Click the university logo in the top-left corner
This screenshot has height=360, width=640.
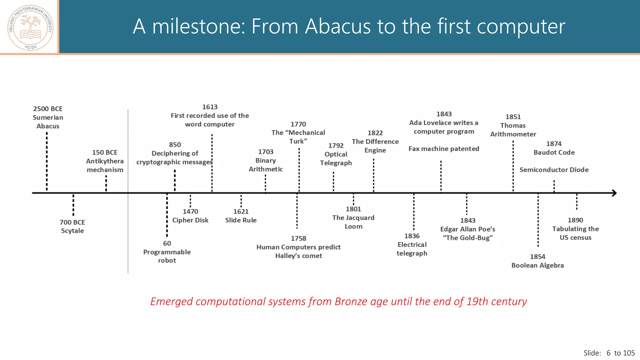pyautogui.click(x=30, y=27)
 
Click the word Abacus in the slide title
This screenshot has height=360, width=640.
pyautogui.click(x=338, y=26)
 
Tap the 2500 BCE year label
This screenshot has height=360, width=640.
pyautogui.click(x=48, y=109)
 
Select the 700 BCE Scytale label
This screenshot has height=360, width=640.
pyautogui.click(x=72, y=227)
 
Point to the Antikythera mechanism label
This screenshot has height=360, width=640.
pyautogui.click(x=105, y=165)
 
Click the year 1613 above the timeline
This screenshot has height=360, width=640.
pyautogui.click(x=210, y=107)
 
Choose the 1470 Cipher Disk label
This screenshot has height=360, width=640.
pyautogui.click(x=190, y=216)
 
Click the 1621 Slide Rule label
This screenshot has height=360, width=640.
pyautogui.click(x=241, y=216)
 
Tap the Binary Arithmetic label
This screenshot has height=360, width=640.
pyautogui.click(x=266, y=165)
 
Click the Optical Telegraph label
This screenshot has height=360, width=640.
pyautogui.click(x=336, y=158)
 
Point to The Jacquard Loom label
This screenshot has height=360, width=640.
pyautogui.click(x=353, y=222)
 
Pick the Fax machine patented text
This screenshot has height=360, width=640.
pyautogui.click(x=444, y=149)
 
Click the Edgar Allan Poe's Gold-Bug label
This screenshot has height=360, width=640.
pyautogui.click(x=467, y=233)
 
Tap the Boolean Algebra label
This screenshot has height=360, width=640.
pyautogui.click(x=537, y=265)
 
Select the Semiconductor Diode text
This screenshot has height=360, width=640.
pyautogui.click(x=554, y=170)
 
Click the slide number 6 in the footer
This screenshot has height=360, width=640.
pyautogui.click(x=608, y=353)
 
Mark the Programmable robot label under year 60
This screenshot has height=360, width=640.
pyautogui.click(x=167, y=256)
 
